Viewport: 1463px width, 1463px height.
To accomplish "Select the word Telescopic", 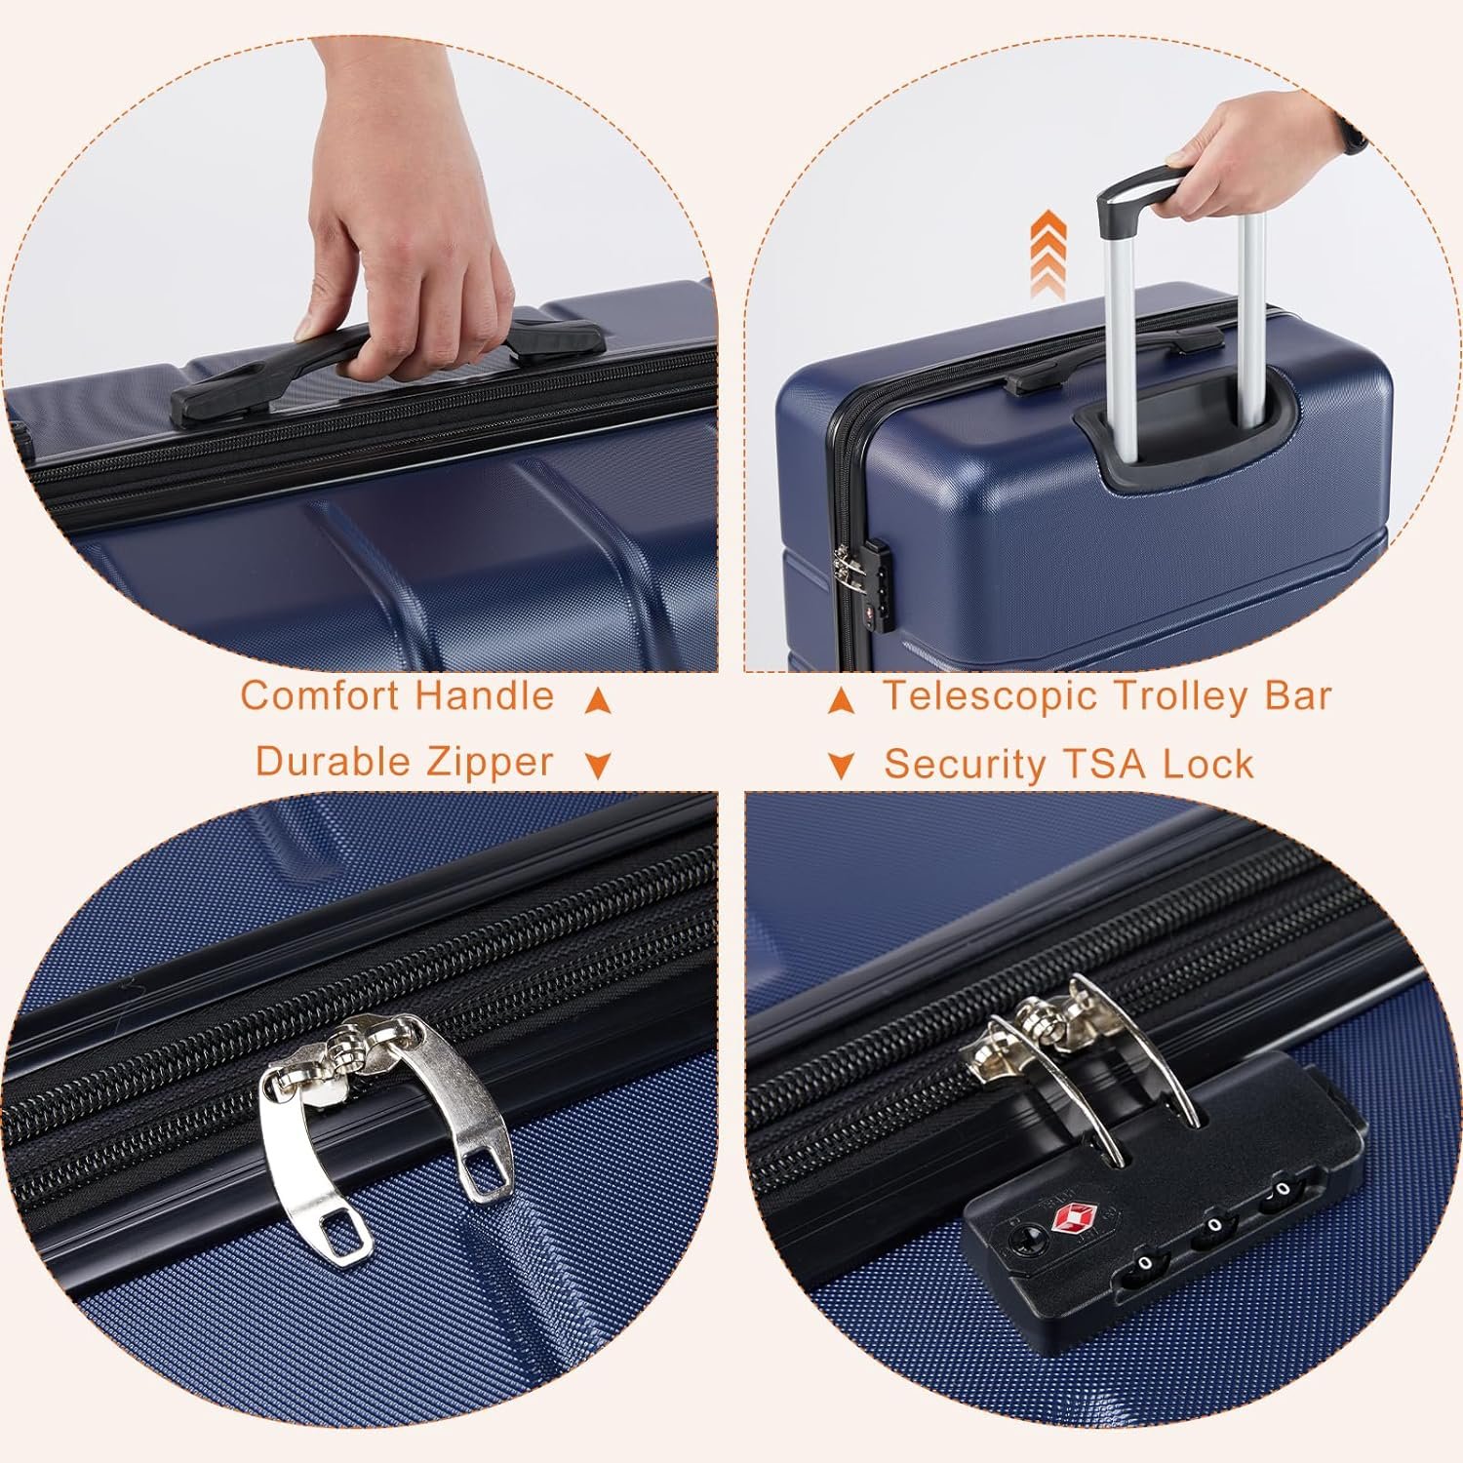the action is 991,696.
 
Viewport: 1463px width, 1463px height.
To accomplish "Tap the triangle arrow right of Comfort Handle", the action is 598,699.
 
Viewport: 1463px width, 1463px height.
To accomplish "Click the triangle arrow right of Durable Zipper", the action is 598,766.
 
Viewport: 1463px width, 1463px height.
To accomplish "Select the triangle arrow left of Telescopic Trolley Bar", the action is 841,699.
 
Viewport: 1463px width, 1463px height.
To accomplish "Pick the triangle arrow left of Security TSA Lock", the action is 841,766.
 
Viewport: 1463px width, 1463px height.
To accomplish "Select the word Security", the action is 964,765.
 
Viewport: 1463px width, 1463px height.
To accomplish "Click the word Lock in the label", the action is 1207,764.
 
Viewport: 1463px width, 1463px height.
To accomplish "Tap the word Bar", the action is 1298,696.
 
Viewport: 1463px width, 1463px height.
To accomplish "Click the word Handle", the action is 485,696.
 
